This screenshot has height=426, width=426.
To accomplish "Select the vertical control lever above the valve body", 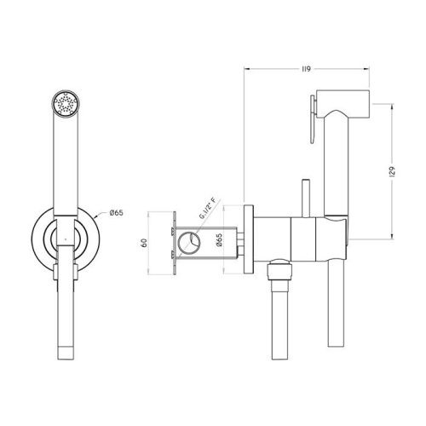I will tap(305, 193).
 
